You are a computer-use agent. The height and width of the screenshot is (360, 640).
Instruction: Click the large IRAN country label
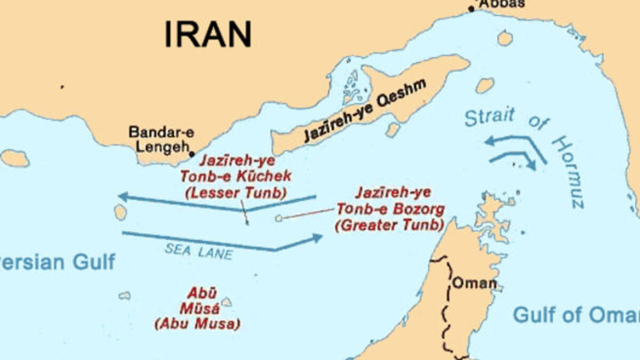click(x=207, y=34)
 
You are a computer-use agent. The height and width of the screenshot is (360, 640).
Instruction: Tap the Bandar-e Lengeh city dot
click(x=192, y=154)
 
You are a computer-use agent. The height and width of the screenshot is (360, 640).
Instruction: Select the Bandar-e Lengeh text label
click(x=158, y=140)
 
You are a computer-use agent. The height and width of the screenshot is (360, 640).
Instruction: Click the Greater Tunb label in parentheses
click(x=390, y=225)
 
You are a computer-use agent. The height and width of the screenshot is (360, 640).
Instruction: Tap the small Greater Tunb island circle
click(x=278, y=218)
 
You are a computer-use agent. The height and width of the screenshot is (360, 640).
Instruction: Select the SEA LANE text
click(x=198, y=250)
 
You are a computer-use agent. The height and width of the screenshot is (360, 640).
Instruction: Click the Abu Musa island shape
click(x=227, y=302)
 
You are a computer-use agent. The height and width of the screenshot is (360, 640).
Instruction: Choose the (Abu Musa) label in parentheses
click(x=197, y=324)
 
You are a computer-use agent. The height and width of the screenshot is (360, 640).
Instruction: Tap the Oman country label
click(x=474, y=283)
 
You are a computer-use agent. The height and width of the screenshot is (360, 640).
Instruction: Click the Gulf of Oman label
click(x=576, y=315)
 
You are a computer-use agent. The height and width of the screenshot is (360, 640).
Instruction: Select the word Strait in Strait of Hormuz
click(x=489, y=116)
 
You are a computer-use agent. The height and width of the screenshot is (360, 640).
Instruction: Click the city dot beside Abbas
click(x=471, y=9)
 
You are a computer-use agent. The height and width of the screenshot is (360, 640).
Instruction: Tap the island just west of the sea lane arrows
click(x=121, y=212)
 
